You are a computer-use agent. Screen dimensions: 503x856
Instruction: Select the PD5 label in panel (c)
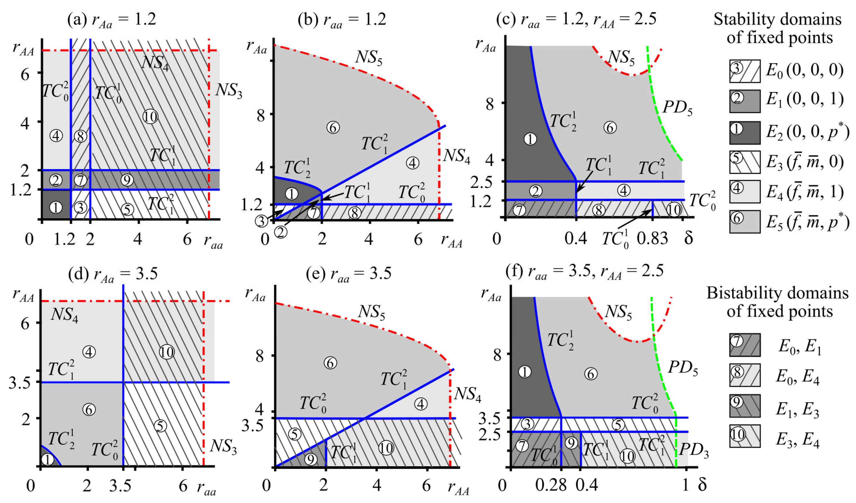point(677,108)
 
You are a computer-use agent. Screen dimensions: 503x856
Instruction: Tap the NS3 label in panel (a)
point(229,91)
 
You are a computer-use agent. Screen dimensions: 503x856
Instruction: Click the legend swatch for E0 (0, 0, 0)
point(745,71)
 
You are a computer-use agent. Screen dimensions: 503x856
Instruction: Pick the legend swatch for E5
point(745,221)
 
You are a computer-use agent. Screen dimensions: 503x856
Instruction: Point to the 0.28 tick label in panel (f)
point(551,485)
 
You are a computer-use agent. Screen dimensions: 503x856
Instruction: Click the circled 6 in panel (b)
point(333,128)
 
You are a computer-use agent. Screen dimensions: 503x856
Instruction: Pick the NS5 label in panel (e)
point(372,312)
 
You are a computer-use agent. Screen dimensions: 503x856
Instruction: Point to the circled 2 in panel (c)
point(536,191)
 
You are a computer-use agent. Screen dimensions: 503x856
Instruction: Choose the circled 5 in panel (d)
point(160,426)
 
